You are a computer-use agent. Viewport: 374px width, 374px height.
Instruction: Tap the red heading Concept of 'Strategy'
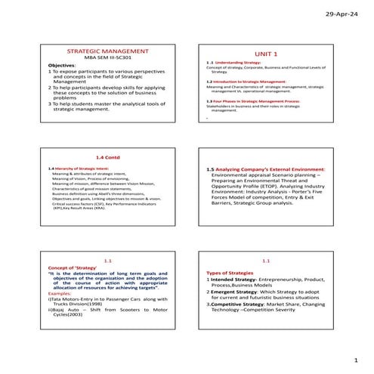72,267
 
